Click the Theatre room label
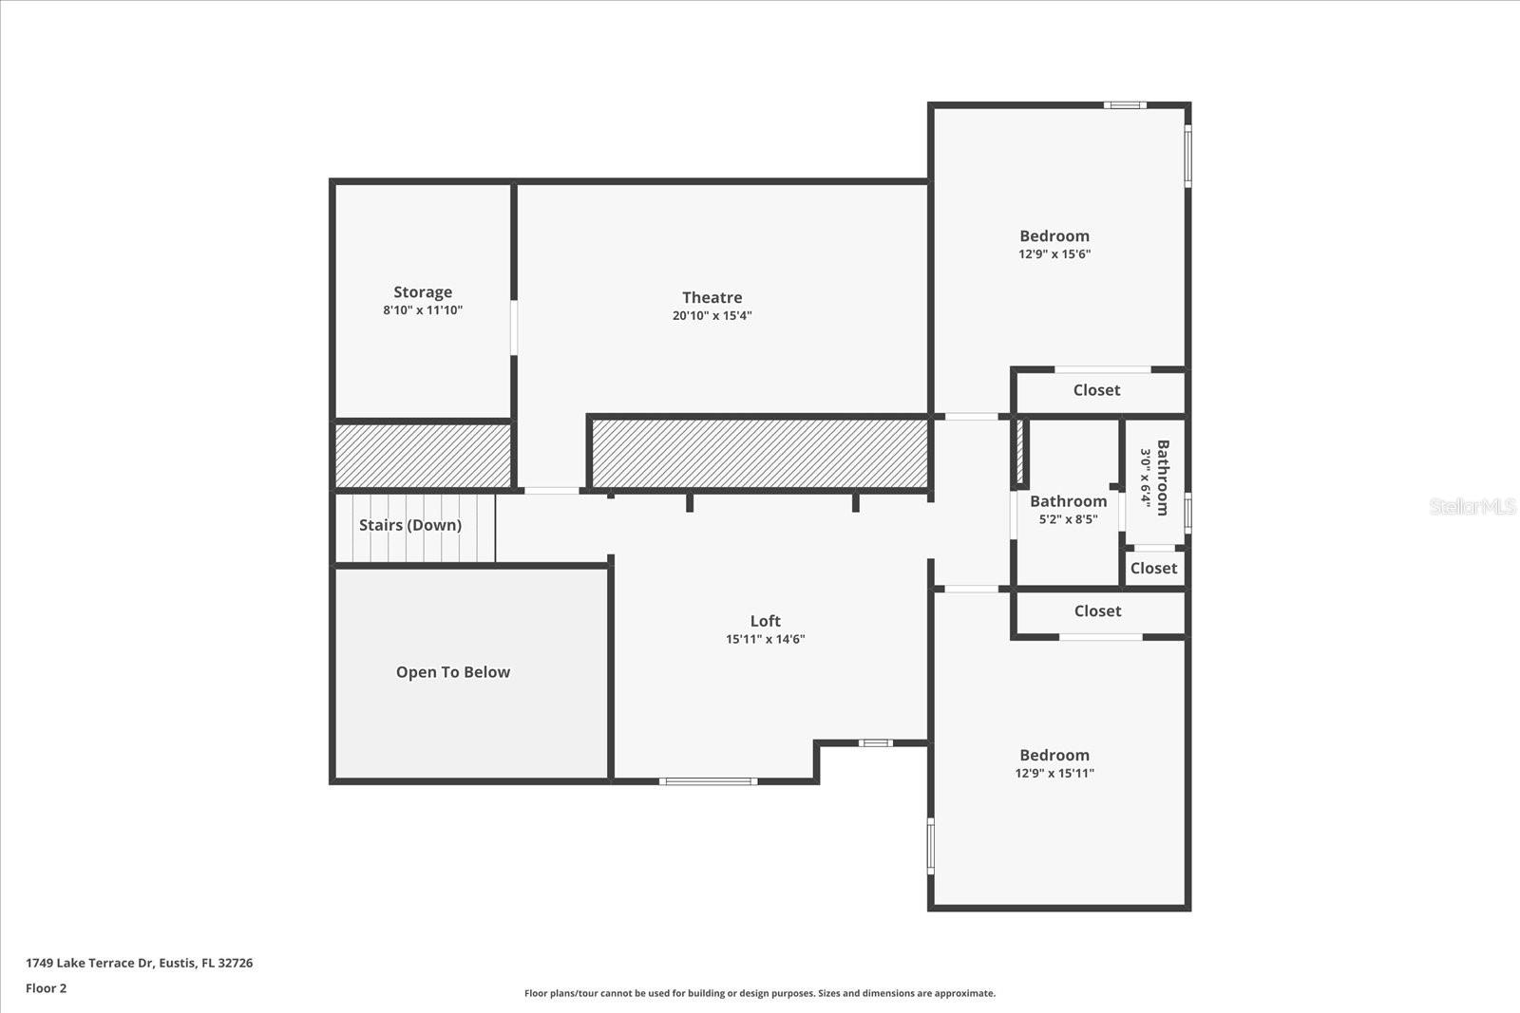tap(712, 298)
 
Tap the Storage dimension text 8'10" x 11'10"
tap(423, 310)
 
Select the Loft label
tap(765, 621)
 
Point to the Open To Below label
tap(453, 672)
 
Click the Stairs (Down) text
tap(410, 525)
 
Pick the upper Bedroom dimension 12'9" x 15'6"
tap(1054, 254)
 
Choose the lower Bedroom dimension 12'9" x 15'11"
tap(1054, 774)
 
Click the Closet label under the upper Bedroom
tap(1096, 390)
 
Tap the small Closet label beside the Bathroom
tap(1153, 568)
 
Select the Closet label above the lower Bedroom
tap(1097, 611)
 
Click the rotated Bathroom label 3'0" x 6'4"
tap(1155, 478)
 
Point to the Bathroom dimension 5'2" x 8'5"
tap(1068, 519)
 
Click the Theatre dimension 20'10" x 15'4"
tap(712, 316)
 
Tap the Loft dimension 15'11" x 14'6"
tap(765, 640)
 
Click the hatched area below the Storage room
tap(423, 455)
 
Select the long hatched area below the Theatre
tap(759, 453)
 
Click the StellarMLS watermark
tap(1472, 507)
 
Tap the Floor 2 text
tap(46, 988)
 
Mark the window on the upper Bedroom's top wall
tap(1125, 105)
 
